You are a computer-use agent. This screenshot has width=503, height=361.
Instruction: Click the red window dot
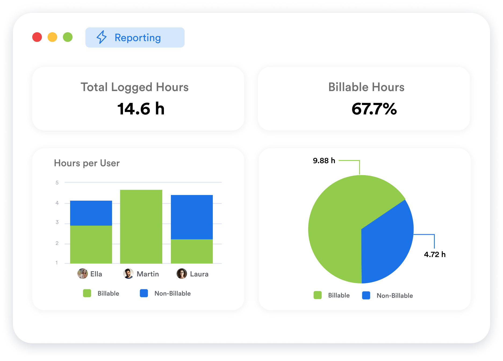click(x=37, y=37)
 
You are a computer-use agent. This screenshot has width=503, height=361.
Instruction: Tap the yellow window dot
click(x=52, y=37)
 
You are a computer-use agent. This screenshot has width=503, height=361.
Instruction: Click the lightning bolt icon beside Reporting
click(x=102, y=37)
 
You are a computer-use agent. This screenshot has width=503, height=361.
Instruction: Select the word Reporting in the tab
click(x=138, y=38)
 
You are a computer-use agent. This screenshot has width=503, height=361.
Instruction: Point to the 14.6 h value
click(x=141, y=109)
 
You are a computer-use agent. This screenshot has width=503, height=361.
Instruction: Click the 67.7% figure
click(x=374, y=109)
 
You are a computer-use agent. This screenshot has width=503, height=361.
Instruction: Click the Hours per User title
click(x=87, y=163)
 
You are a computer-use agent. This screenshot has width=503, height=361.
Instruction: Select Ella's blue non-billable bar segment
click(x=91, y=213)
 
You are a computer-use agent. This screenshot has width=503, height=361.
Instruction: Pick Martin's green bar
click(x=141, y=226)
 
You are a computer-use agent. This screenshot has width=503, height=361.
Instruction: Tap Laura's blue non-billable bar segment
click(x=192, y=217)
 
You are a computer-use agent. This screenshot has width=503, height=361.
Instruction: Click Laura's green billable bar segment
click(x=192, y=251)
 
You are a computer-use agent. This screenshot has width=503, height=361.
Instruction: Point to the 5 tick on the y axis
click(x=57, y=183)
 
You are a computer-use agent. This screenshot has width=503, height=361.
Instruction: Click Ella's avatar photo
click(x=82, y=274)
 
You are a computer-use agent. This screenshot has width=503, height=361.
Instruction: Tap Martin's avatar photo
click(x=128, y=274)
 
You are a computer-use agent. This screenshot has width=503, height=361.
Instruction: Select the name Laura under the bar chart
click(x=199, y=274)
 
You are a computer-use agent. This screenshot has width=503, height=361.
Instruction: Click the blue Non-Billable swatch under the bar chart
click(x=144, y=293)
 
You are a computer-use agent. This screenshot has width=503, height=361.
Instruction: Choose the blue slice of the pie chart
click(x=387, y=242)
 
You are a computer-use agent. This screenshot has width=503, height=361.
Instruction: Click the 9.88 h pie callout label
click(x=324, y=161)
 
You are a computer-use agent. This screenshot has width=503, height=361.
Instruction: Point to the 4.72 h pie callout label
click(x=435, y=254)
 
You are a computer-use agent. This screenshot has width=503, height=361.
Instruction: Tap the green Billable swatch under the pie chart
click(x=318, y=295)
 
